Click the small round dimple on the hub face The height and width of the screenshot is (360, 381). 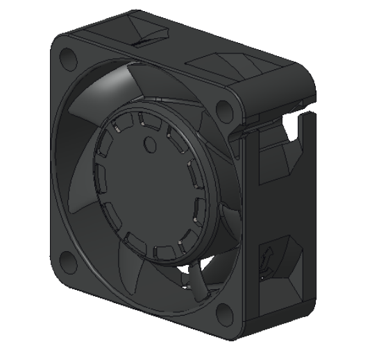pos(149,144)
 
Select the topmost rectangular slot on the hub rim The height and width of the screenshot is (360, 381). pos(145,120)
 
